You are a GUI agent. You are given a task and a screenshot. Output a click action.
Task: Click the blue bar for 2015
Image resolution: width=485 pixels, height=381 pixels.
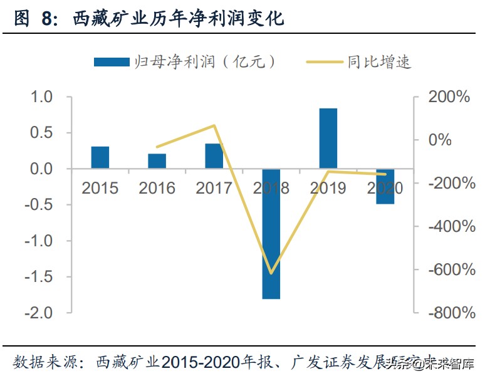click(100, 157)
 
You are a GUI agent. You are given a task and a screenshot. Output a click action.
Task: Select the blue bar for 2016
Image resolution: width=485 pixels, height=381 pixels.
click(157, 161)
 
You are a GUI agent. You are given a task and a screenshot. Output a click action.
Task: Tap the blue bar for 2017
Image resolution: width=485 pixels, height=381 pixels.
click(214, 156)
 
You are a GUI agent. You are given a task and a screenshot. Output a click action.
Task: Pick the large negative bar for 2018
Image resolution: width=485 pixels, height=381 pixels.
click(271, 234)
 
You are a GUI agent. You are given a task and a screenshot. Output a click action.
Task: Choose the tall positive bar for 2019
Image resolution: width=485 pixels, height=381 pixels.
click(328, 138)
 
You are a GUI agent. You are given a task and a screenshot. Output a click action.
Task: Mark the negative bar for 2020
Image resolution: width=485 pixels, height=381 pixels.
click(385, 186)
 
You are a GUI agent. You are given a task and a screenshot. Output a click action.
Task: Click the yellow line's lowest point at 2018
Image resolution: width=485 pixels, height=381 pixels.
click(271, 273)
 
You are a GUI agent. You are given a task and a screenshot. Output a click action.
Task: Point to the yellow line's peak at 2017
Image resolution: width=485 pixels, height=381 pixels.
click(214, 126)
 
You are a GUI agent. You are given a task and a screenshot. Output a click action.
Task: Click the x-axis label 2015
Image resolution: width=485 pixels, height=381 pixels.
click(100, 188)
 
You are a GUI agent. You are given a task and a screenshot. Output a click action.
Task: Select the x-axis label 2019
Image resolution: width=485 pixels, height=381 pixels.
click(328, 188)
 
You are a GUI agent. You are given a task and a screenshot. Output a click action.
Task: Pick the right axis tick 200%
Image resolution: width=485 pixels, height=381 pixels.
click(449, 97)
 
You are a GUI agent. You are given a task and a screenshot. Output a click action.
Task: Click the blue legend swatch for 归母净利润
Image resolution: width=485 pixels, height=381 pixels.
click(111, 61)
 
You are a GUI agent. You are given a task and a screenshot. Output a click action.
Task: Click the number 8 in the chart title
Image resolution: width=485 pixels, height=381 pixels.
click(48, 19)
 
